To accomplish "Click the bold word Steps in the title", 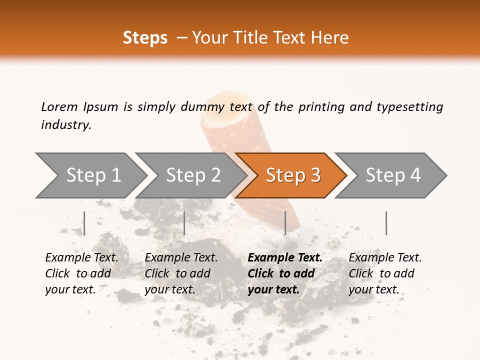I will [145, 37].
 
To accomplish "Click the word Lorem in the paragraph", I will [59, 106].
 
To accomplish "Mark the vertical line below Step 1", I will [84, 223].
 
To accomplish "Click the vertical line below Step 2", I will [184, 223].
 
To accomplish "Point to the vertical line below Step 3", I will [285, 223].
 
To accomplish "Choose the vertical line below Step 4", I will [386, 223].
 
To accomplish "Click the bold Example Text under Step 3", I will [285, 257].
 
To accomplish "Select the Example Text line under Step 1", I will [81, 257].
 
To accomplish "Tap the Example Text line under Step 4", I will [385, 257].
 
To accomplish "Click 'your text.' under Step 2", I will [169, 289].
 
